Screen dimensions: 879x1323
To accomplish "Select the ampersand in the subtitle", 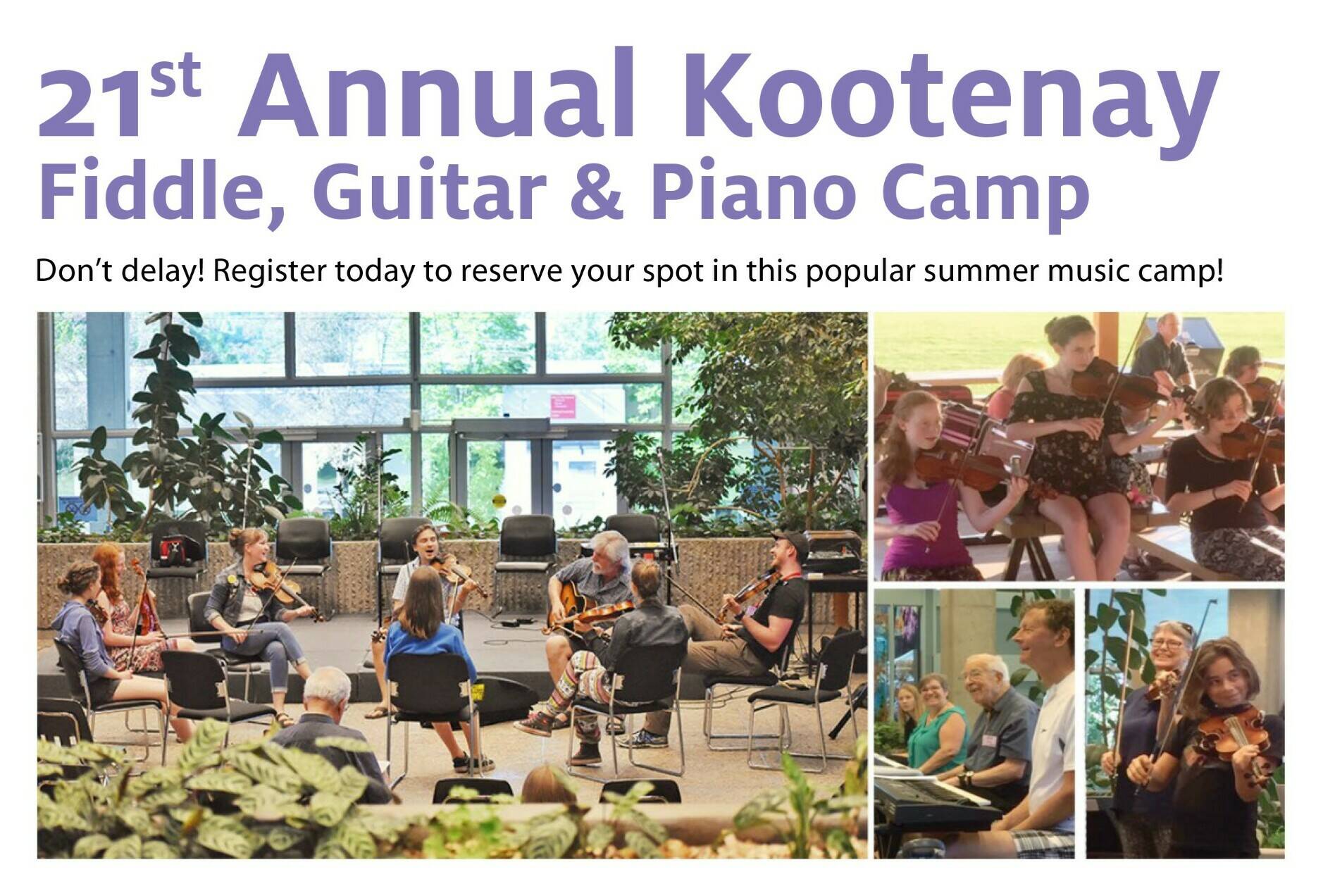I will [597, 190].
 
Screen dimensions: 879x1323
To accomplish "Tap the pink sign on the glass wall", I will [562, 405].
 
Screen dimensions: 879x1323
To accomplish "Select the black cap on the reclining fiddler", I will [790, 542].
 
